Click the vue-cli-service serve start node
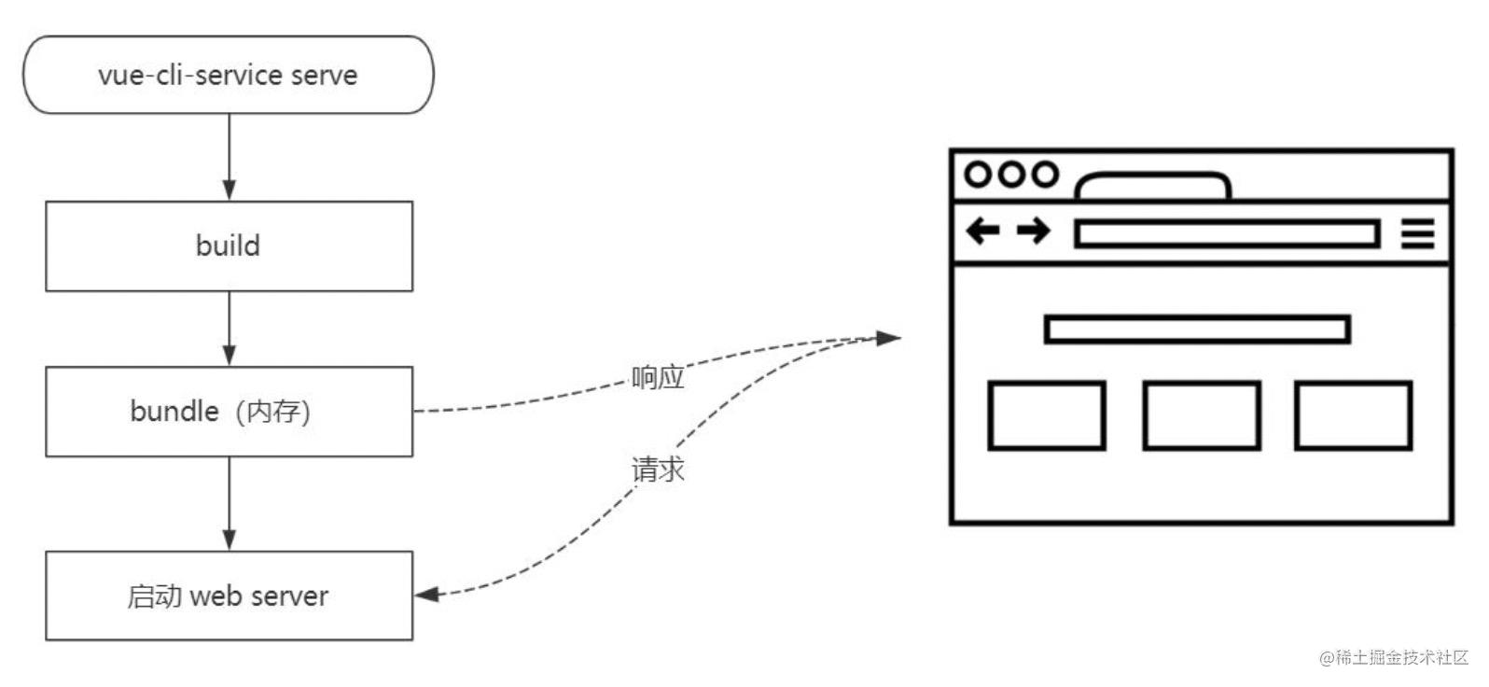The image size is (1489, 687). (x=229, y=75)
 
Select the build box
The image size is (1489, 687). (x=229, y=246)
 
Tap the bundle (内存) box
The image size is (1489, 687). (x=229, y=412)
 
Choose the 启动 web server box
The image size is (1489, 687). (x=229, y=596)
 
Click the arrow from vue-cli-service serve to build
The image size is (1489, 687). (x=230, y=157)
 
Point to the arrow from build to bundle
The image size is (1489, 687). (x=230, y=329)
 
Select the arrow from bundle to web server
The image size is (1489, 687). (x=230, y=504)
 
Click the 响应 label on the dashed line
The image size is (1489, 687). (x=658, y=377)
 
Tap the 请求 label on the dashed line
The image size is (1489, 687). (x=658, y=470)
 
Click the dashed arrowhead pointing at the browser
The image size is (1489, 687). (x=889, y=338)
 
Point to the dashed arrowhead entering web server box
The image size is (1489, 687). (x=426, y=594)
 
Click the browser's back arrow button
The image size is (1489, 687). (x=982, y=230)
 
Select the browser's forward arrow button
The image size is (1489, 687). (x=1034, y=230)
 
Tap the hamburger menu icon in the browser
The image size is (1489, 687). (x=1417, y=232)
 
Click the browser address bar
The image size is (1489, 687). (x=1227, y=233)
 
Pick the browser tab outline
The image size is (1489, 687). (x=1153, y=186)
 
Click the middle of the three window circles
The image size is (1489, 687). (x=1011, y=175)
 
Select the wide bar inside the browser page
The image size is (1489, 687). (x=1197, y=329)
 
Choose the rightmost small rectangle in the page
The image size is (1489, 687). (x=1353, y=415)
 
